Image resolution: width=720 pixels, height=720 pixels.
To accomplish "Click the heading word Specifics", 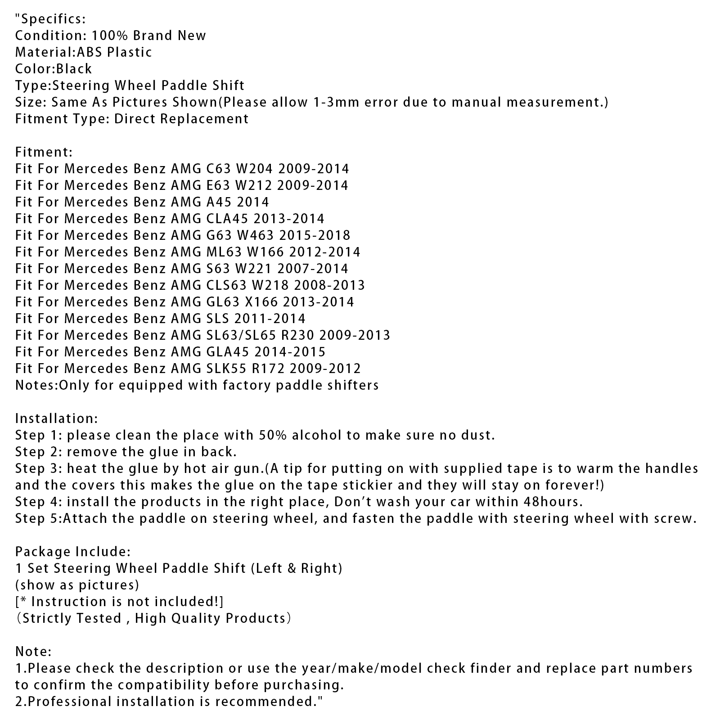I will pos(52,19).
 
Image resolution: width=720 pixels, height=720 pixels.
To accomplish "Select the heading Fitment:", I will pos(44,152).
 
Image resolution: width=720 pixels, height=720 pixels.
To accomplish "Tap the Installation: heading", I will pos(56,418).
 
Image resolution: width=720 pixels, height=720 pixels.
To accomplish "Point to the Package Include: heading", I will pos(73,552).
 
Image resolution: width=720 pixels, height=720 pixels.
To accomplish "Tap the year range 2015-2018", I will pos(314,235).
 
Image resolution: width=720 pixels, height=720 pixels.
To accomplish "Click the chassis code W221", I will pos(253,269).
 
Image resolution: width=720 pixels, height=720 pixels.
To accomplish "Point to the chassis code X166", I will pos(261,302).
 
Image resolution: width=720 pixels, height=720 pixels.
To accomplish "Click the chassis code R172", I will pos(268,369).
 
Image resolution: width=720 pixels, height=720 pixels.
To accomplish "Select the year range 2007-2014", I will pos(313,269).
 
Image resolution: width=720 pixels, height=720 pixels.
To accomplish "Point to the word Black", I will pos(74,69).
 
